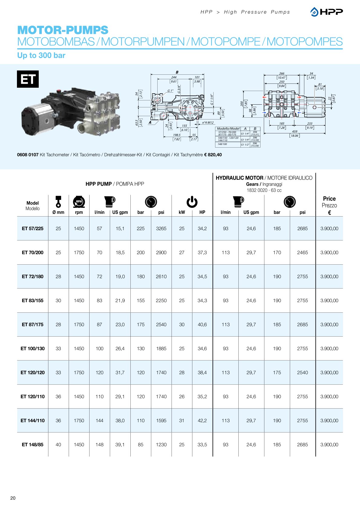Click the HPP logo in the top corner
pos(326,12)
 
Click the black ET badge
pos(28,79)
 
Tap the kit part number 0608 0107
pos(28,155)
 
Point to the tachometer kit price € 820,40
pos(213,155)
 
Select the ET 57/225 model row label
pos(32,229)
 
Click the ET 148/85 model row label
pos(32,445)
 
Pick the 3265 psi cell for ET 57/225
pos(161,229)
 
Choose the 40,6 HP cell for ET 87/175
pos(202,325)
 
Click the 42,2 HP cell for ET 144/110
pos(202,421)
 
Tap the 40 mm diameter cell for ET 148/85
pos(58,445)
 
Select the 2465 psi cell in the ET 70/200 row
pos(302,253)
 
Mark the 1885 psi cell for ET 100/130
pos(161,349)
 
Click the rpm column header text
pos(79,212)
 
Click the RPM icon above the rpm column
pos(79,202)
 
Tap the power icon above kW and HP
pos(192,202)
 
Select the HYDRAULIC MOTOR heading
pos(239,178)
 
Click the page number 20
pos(13,498)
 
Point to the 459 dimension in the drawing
pos(294,132)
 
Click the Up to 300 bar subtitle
pos(41,56)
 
